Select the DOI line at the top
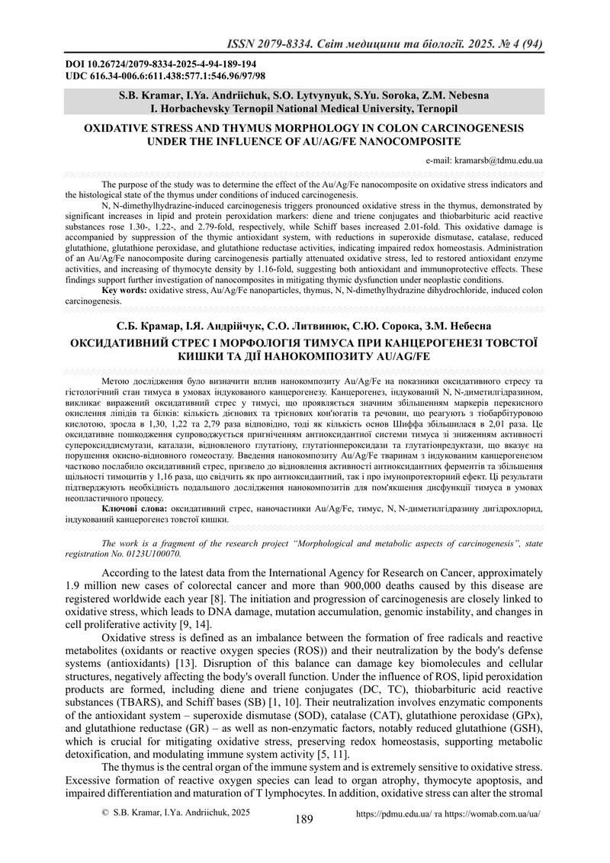(161, 64)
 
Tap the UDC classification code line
(165, 76)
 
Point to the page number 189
(304, 842)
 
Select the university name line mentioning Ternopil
(304, 109)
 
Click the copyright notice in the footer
(175, 835)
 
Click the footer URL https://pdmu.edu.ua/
(399, 836)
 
